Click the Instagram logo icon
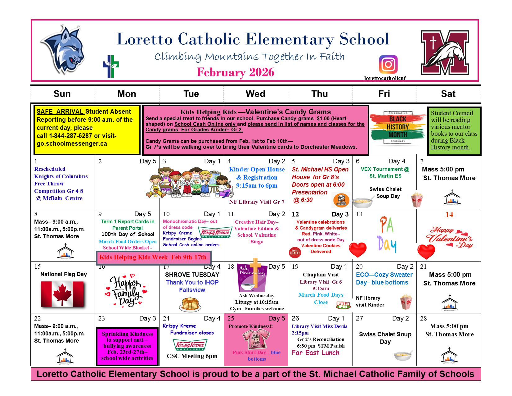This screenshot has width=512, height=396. (x=388, y=64)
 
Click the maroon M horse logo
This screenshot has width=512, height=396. (x=444, y=52)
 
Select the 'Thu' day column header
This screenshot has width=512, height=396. (x=320, y=94)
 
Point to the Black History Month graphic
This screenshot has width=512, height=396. (x=397, y=127)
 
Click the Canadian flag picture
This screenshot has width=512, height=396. (x=62, y=294)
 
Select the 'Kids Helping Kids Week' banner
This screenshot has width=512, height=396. (x=153, y=257)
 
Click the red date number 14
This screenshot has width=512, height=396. (x=449, y=215)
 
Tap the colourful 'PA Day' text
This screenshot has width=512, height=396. (x=387, y=234)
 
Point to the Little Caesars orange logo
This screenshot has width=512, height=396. (x=341, y=200)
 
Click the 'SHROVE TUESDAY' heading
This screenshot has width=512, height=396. (x=192, y=275)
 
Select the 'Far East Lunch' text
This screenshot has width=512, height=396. (x=315, y=353)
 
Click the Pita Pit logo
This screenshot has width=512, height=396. (x=343, y=305)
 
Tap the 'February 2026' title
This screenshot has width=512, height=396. (x=236, y=72)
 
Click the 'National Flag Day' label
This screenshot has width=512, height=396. (x=64, y=274)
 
